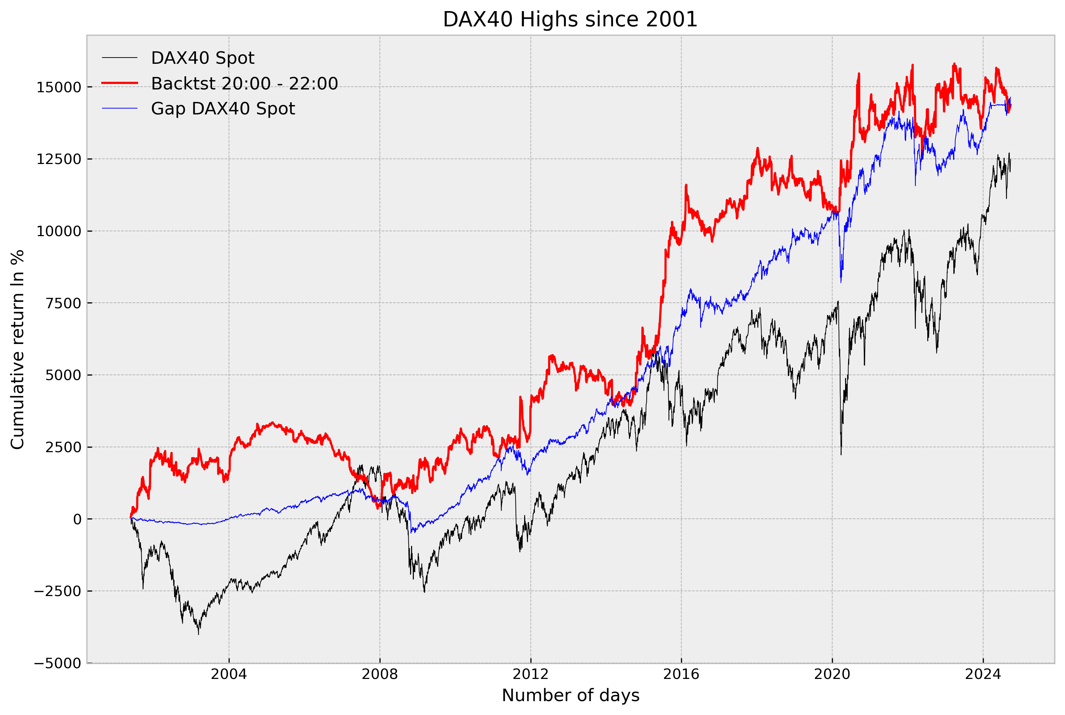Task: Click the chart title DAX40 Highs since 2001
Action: point(570,20)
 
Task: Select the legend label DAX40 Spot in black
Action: point(203,58)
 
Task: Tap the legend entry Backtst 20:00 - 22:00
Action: point(245,84)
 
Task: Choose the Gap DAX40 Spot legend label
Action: point(223,109)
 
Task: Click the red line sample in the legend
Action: point(119,83)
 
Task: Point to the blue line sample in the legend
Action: point(119,108)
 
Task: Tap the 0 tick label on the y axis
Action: point(77,519)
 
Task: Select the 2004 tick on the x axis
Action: point(229,674)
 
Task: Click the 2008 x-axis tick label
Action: point(380,674)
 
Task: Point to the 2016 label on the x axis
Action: point(681,674)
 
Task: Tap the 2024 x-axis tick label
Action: point(983,674)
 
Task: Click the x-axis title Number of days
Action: point(570,695)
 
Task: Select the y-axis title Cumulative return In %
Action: point(17,349)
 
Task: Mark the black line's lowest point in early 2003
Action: point(198,634)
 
